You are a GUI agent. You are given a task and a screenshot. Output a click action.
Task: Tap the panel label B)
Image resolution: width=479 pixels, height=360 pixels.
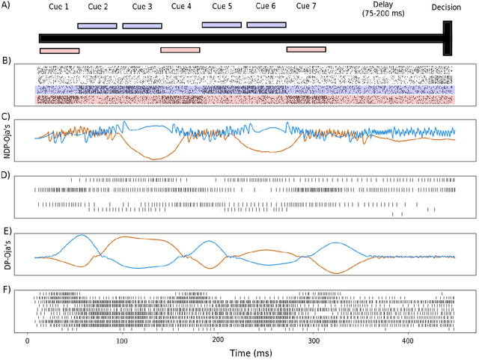click(7, 59)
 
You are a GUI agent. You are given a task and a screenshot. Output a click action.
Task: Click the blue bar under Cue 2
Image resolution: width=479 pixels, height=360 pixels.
click(97, 25)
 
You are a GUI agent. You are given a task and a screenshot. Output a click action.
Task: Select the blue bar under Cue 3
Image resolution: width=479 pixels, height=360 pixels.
click(142, 25)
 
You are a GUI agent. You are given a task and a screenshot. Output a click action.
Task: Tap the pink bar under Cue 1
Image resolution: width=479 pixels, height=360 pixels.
click(59, 50)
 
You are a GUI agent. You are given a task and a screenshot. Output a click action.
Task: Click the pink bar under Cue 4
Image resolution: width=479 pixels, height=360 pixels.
click(180, 50)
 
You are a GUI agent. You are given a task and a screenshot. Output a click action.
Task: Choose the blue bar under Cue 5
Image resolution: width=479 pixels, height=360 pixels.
click(222, 25)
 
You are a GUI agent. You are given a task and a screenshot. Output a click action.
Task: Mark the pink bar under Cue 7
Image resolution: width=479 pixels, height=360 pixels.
click(306, 49)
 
